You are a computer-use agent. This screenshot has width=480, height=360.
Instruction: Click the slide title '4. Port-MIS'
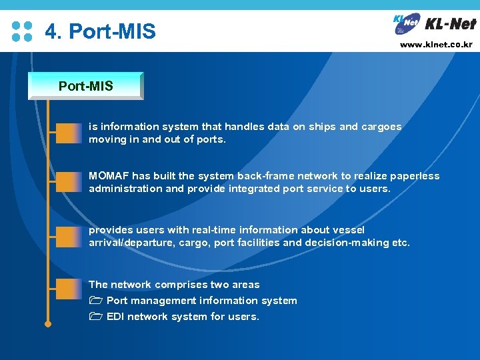[100, 31]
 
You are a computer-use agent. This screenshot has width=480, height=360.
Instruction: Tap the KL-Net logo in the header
[434, 25]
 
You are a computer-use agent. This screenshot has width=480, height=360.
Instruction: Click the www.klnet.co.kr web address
[436, 45]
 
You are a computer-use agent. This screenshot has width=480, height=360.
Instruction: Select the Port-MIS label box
[86, 86]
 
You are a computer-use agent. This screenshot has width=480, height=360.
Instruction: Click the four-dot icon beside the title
[22, 31]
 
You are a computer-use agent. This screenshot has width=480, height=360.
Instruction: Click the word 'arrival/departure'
[131, 243]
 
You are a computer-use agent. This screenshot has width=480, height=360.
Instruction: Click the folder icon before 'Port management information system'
[95, 301]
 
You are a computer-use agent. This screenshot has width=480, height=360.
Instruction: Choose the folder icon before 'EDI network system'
[95, 317]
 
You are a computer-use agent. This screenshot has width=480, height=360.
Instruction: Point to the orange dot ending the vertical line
[48, 325]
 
